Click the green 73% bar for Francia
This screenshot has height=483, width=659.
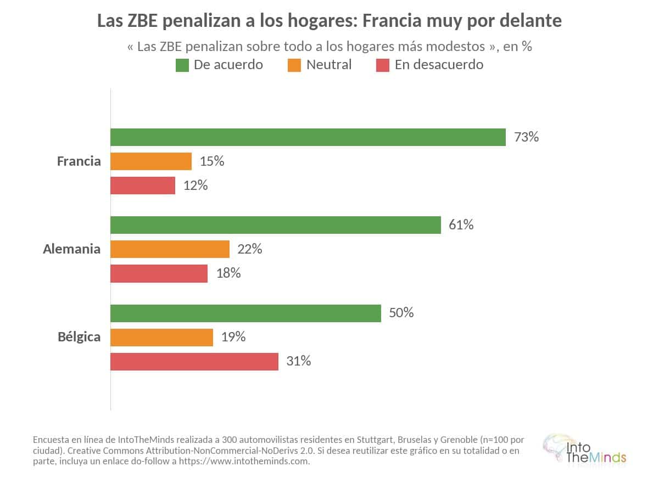[308, 137]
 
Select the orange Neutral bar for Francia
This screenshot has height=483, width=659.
[151, 161]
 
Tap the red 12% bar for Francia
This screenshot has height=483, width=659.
[143, 186]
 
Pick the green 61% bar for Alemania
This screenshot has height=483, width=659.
[276, 225]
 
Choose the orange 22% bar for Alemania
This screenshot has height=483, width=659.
[170, 249]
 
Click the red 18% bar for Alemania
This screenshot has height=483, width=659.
[159, 273]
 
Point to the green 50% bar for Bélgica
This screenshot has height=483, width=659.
[245, 313]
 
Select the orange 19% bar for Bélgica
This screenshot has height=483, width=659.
[162, 338]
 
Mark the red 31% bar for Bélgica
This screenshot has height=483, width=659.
[194, 362]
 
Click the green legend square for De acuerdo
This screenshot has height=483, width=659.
[182, 65]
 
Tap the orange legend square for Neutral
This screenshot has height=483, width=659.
[294, 65]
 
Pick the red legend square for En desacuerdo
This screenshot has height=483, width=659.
[383, 65]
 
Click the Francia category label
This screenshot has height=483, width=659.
[79, 161]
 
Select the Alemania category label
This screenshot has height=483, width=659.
[72, 249]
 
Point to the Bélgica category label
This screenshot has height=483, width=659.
[79, 337]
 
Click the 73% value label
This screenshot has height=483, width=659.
[526, 137]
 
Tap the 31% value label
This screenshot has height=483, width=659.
[299, 361]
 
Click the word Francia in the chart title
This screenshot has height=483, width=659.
[392, 21]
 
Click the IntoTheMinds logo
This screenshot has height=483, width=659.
[584, 450]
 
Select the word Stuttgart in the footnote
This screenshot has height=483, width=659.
[376, 440]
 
